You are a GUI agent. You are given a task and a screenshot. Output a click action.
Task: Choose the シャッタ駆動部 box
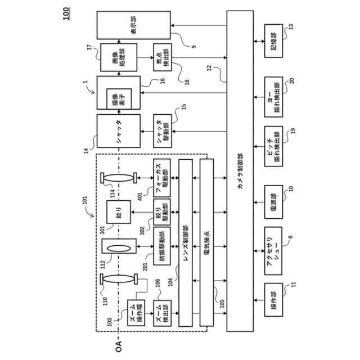coord(164,133)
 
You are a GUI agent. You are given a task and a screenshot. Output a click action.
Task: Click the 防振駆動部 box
coord(163,248)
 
